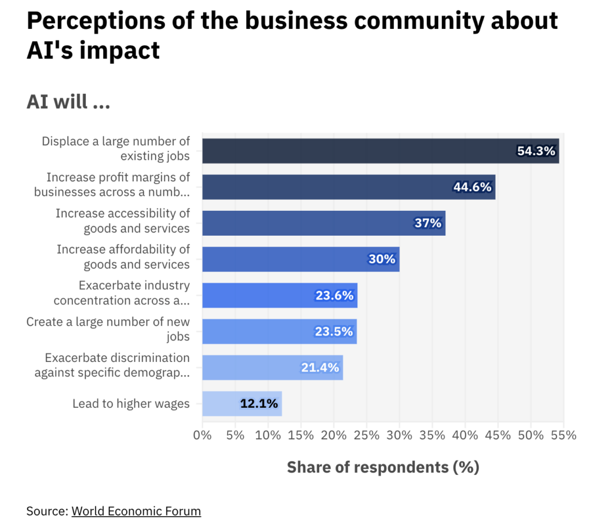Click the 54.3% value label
tap(536, 151)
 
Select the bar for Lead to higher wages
tap(241, 404)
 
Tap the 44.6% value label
tap(472, 187)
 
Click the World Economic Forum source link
tap(136, 511)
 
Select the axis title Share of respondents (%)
tap(383, 467)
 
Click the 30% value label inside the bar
tap(382, 259)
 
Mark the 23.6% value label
tap(334, 295)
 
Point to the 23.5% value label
tap(334, 331)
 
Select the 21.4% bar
tap(272, 368)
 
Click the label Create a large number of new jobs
tap(108, 330)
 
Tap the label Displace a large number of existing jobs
tap(116, 149)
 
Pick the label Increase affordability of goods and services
tap(123, 257)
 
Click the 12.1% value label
tap(259, 404)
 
